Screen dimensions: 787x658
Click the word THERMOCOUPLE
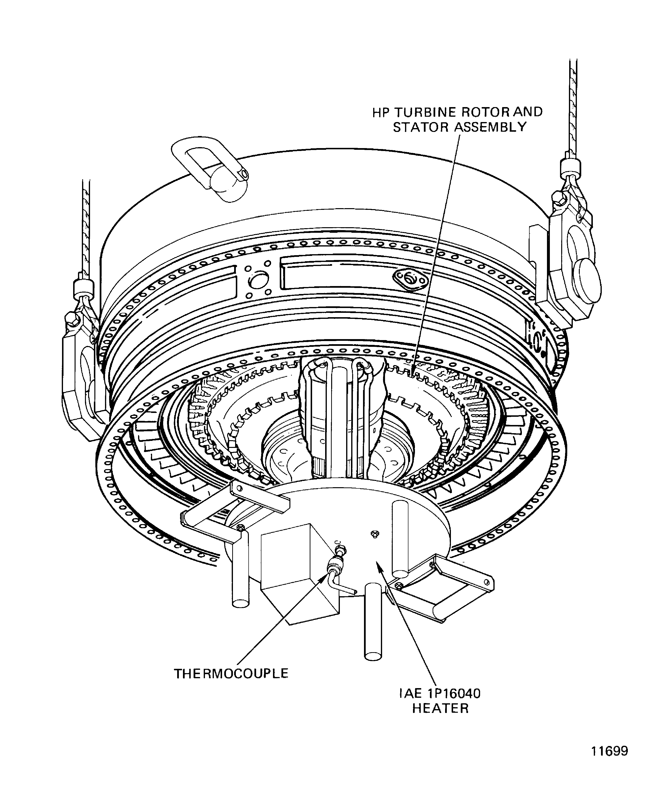coord(231,673)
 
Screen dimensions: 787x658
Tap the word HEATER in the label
coord(441,709)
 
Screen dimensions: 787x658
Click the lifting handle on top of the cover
coord(210,169)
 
